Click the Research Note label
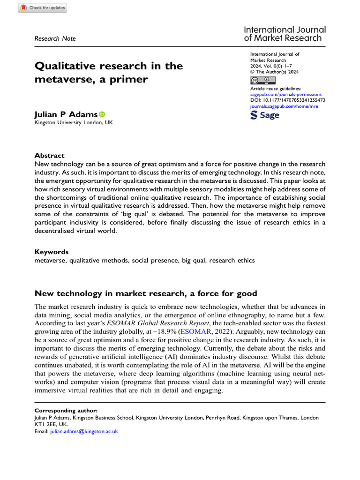click(55, 38)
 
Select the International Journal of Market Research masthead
click(285, 34)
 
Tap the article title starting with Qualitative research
click(109, 72)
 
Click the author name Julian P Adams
click(66, 114)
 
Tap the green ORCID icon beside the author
click(102, 114)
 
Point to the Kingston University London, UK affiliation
click(74, 123)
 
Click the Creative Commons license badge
click(263, 80)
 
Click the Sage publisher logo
click(265, 115)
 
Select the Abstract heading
click(50, 156)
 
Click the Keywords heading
click(52, 252)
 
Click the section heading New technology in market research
click(146, 294)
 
